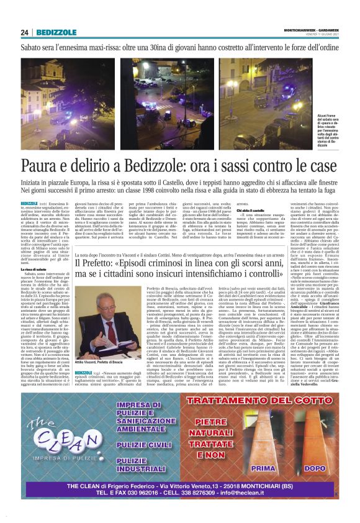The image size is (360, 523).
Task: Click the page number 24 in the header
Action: pos(25,33)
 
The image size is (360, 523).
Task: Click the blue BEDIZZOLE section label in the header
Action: pos(56,33)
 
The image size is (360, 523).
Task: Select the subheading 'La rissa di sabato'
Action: pos(35,268)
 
